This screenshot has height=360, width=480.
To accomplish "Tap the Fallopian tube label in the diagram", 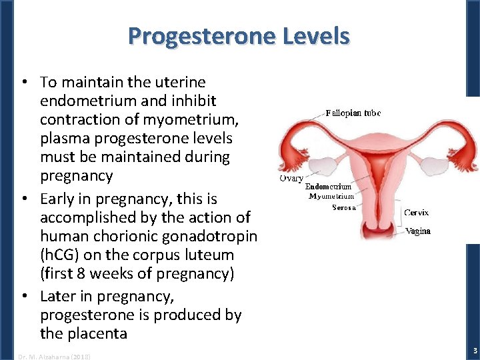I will [353, 113].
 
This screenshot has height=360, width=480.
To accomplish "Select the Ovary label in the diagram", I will [291, 179].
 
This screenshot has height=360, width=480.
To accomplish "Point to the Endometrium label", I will [328, 187].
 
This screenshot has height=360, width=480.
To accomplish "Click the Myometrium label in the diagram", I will [331, 197].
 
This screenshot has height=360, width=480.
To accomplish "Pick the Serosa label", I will [344, 207].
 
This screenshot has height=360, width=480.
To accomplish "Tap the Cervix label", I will [417, 213].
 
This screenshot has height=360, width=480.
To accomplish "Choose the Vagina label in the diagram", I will [418, 231].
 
